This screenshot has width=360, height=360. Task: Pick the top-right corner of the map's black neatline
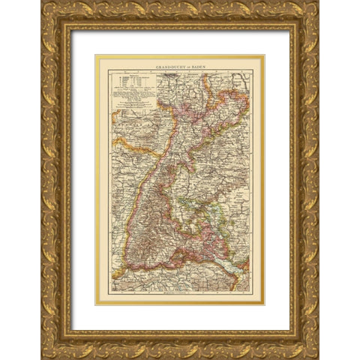[252, 70]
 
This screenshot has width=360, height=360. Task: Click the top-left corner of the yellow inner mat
[95, 55]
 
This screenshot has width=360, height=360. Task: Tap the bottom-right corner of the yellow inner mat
[265, 305]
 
